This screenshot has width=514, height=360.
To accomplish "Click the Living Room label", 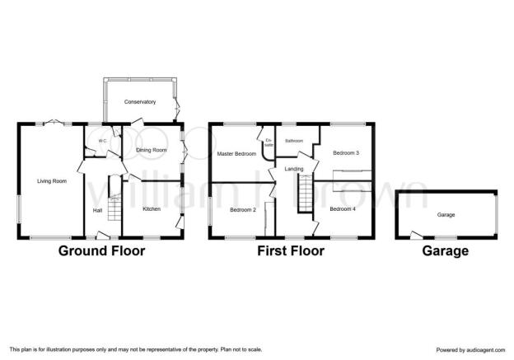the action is click(x=52, y=181).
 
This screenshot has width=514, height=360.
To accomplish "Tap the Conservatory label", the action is click(x=140, y=102).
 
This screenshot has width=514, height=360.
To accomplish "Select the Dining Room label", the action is click(x=152, y=150).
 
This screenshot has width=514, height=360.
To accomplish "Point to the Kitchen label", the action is click(x=152, y=209).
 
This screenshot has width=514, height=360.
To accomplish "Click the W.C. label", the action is click(x=103, y=141).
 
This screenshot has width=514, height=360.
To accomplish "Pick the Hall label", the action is click(x=97, y=211).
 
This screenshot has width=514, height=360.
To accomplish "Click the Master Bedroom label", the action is click(x=236, y=154).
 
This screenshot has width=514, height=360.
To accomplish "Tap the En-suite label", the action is click(x=269, y=143).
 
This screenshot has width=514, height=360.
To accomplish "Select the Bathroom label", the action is click(x=294, y=141).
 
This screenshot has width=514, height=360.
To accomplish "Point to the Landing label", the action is click(x=294, y=169).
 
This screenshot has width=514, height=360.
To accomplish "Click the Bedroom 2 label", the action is click(x=243, y=210).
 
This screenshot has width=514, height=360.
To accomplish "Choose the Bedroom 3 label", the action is click(x=346, y=152).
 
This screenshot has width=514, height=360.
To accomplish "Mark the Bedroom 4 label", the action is click(x=343, y=209).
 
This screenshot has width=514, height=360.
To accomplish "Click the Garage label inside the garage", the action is click(x=446, y=215).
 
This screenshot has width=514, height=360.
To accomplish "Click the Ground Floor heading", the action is click(x=101, y=251).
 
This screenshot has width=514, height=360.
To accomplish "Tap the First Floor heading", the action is click(x=291, y=251).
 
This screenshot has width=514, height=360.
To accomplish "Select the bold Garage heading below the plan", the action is click(x=445, y=251).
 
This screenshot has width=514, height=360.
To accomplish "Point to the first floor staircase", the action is click(x=305, y=194).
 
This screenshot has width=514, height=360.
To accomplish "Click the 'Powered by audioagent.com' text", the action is click(x=470, y=350).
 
